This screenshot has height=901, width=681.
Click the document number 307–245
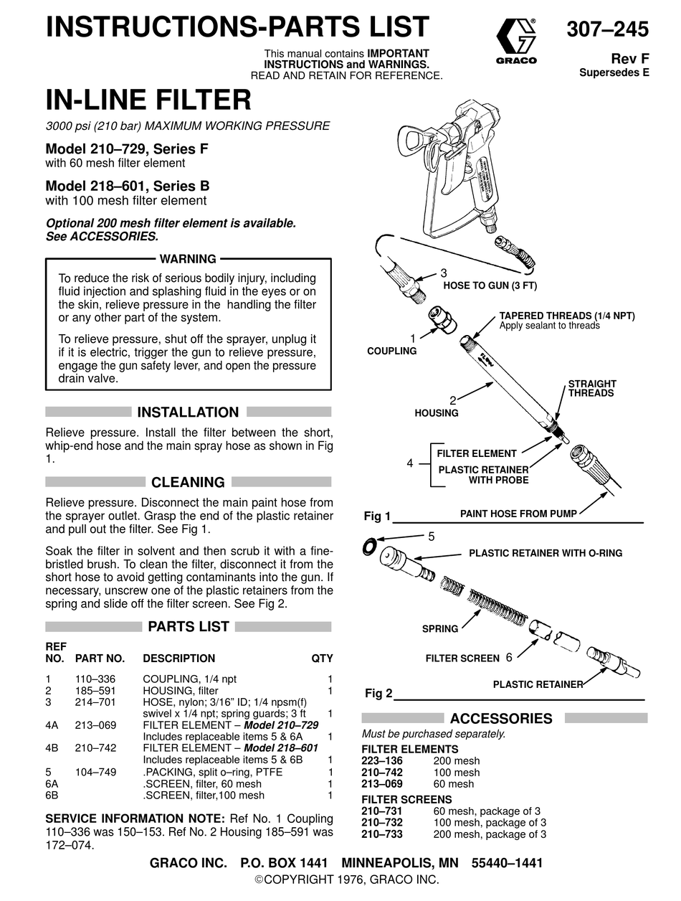tap(607, 29)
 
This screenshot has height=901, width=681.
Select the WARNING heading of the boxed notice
tap(188, 259)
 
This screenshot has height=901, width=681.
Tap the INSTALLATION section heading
tap(188, 412)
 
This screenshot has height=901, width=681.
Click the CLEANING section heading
tap(188, 482)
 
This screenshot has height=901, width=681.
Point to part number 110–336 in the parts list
tap(95, 679)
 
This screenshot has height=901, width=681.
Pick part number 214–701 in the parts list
tap(95, 702)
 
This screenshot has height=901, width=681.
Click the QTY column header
tap(322, 659)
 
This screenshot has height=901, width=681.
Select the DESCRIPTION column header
tap(178, 659)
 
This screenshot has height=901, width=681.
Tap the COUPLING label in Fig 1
tap(391, 351)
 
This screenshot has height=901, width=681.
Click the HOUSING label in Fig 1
tap(436, 413)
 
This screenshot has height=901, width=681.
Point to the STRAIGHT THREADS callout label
tap(591, 389)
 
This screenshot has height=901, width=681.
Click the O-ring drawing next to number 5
tap(370, 546)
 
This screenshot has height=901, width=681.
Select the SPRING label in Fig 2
tap(439, 629)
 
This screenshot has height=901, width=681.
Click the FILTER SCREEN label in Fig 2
tap(462, 658)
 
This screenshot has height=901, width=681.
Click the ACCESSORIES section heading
tap(500, 719)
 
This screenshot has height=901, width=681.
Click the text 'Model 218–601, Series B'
tap(128, 186)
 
